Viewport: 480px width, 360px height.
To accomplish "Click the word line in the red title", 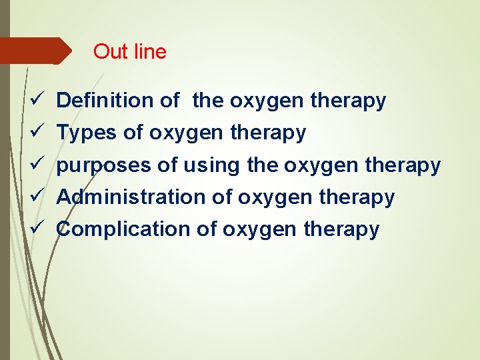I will [149, 51].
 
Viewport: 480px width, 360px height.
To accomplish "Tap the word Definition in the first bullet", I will [105, 101].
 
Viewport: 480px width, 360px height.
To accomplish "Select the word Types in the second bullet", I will [87, 133].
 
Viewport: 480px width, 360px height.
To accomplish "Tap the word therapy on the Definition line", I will [348, 101].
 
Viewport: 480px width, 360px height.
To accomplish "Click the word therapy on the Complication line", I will [341, 229].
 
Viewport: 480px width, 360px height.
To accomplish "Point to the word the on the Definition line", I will [208, 101].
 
